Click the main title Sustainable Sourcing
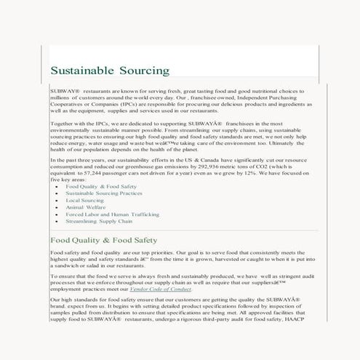tap(110, 71)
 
